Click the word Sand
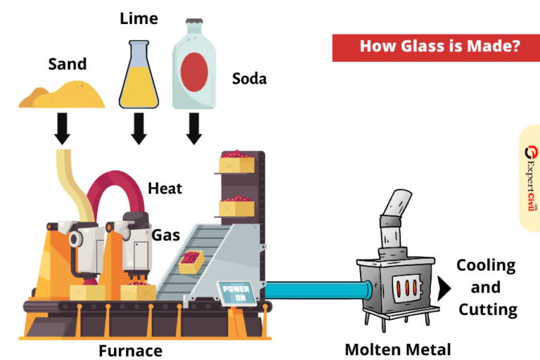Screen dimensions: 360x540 pos(67,65)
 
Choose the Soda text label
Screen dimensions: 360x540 pos(249,79)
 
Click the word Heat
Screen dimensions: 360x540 pos(165,188)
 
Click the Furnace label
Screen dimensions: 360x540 pos(130,350)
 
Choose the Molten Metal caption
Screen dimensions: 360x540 pos(397,349)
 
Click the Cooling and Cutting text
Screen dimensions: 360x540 pos(487,287)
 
